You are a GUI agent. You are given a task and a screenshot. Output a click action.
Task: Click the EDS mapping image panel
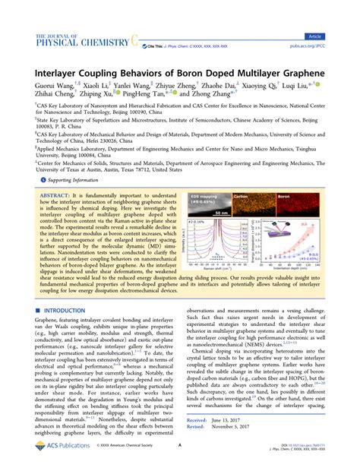tap(204, 183)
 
